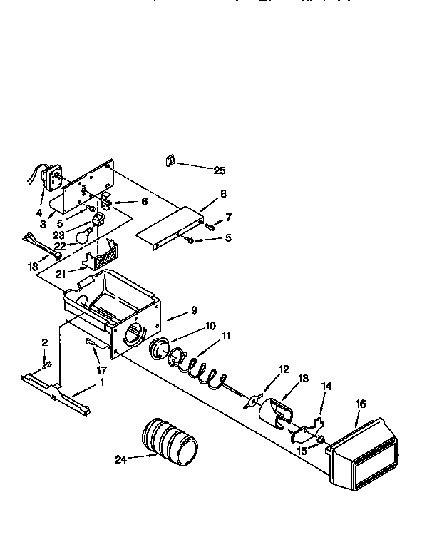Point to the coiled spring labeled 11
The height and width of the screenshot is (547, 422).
200,368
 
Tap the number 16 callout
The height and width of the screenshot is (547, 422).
360,404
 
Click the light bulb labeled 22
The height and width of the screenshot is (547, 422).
86,232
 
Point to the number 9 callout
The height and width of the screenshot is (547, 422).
193,311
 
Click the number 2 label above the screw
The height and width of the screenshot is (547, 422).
44,342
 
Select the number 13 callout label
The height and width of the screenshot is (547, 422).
304,379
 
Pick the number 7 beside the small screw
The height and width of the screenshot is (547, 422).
228,217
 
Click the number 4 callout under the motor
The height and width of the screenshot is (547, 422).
38,213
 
